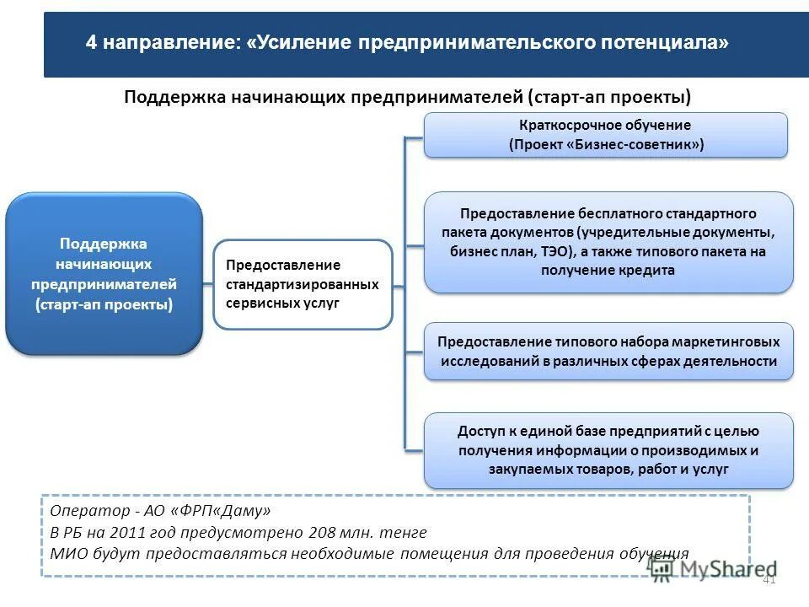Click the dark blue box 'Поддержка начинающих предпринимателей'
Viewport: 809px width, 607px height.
pyautogui.click(x=104, y=273)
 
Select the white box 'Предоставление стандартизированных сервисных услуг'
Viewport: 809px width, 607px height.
pyautogui.click(x=303, y=284)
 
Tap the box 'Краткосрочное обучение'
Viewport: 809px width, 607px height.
pyautogui.click(x=605, y=135)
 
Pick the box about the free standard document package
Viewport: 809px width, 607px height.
pyautogui.click(x=608, y=242)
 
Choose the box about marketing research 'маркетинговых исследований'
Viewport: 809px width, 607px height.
pyautogui.click(x=608, y=352)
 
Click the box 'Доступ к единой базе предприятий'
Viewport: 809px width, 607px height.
pyautogui.click(x=608, y=450)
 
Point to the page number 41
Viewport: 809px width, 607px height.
pyautogui.click(x=769, y=579)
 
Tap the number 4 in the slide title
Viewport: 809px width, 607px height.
pyautogui.click(x=91, y=43)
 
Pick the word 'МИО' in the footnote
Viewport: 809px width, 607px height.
pyautogui.click(x=67, y=554)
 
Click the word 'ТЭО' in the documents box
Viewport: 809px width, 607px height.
pyautogui.click(x=551, y=251)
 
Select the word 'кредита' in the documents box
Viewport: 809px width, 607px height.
pyautogui.click(x=648, y=271)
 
